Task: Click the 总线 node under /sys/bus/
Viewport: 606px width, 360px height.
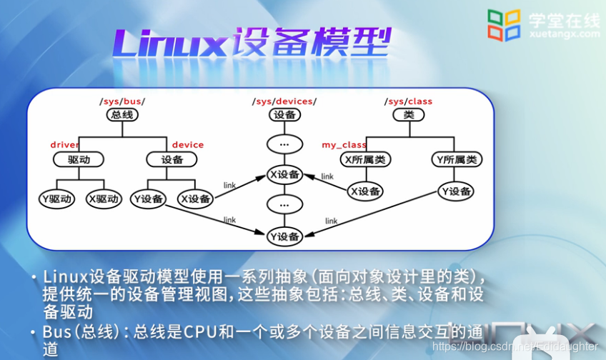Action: [x=122, y=114]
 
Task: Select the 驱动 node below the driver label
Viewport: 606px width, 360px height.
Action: [x=79, y=159]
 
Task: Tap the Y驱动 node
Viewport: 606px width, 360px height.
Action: [x=57, y=199]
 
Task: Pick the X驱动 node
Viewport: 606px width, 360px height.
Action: [x=104, y=199]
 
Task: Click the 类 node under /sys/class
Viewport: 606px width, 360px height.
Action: [x=408, y=114]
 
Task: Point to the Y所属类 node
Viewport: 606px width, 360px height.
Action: [x=456, y=159]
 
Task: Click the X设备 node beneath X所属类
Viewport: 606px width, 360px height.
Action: [x=364, y=191]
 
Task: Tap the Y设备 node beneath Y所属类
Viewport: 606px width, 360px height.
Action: [x=456, y=191]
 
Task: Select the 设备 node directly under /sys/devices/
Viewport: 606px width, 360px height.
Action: [x=284, y=114]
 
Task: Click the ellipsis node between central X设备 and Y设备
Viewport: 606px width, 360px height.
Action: [x=284, y=205]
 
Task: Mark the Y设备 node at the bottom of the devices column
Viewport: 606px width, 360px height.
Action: [x=284, y=236]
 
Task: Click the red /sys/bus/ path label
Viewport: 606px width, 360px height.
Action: [x=122, y=101]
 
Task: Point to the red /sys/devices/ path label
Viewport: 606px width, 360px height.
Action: [x=284, y=101]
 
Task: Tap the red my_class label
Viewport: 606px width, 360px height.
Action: [x=344, y=145]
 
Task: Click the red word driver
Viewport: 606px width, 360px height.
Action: [x=64, y=145]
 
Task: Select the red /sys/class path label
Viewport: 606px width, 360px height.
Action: [x=408, y=101]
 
